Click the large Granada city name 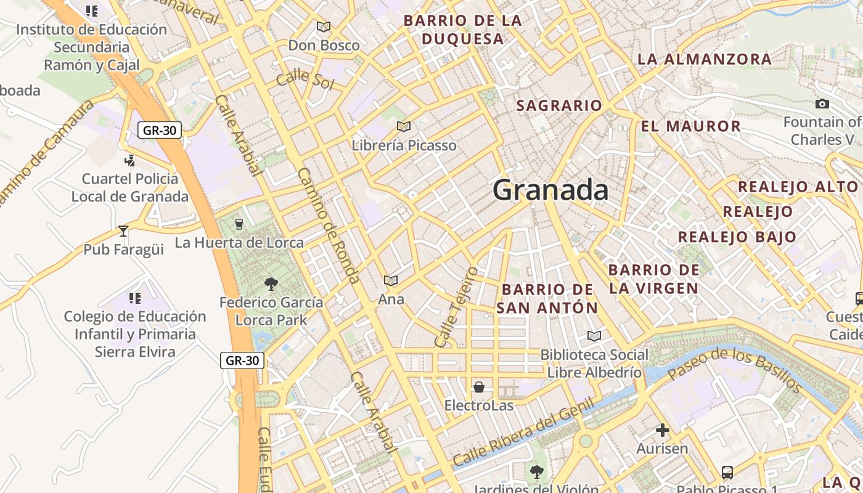coord(550,190)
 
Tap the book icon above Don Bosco coord(324,26)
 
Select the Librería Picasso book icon coord(404,126)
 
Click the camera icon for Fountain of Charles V coord(822,104)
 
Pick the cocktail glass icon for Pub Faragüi coord(123,231)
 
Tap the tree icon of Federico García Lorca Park coord(271,283)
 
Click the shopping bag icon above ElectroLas coord(479,387)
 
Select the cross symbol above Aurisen coord(663,430)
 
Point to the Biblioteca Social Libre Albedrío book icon coord(594,336)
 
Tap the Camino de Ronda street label coord(329,226)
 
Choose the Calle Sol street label coord(305,80)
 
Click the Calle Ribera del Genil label coord(523,432)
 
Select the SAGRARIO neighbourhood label coord(559,105)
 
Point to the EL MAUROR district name coord(690,126)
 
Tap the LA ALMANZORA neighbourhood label coord(704,59)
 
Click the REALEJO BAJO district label coord(737,237)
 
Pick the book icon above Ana coord(390,280)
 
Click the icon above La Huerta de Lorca coord(239,224)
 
